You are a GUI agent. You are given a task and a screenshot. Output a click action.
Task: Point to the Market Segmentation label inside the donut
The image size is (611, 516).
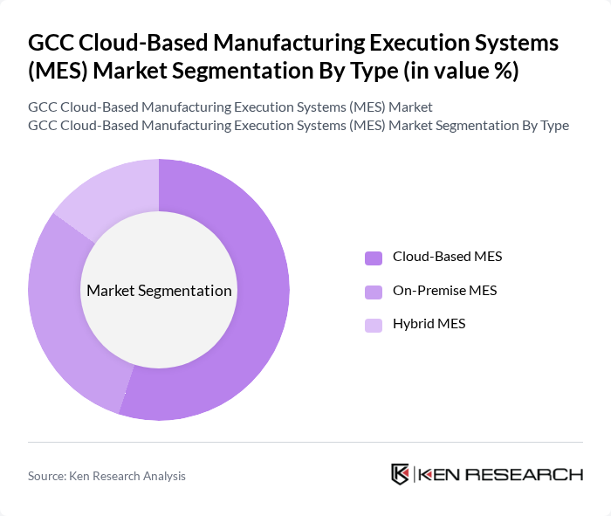tap(159, 291)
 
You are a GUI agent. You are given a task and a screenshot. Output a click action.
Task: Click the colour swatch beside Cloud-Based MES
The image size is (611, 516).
tap(374, 258)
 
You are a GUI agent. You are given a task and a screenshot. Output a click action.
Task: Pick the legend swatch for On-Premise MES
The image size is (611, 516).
tap(374, 291)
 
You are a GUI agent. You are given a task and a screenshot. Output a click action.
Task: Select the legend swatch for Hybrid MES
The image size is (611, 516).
tap(374, 325)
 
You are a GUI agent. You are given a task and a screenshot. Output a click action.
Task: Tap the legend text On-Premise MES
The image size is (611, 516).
tap(444, 291)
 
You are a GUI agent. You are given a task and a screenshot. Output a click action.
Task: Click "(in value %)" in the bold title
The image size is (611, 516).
tap(462, 70)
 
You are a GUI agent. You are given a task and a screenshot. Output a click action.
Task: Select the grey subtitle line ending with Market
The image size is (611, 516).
tap(230, 107)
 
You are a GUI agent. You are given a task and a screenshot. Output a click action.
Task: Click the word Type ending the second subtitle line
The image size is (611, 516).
tap(553, 126)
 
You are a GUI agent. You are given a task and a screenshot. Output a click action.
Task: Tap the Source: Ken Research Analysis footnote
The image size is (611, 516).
tap(106, 476)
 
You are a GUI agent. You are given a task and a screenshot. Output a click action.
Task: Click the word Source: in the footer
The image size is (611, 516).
tap(49, 476)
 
